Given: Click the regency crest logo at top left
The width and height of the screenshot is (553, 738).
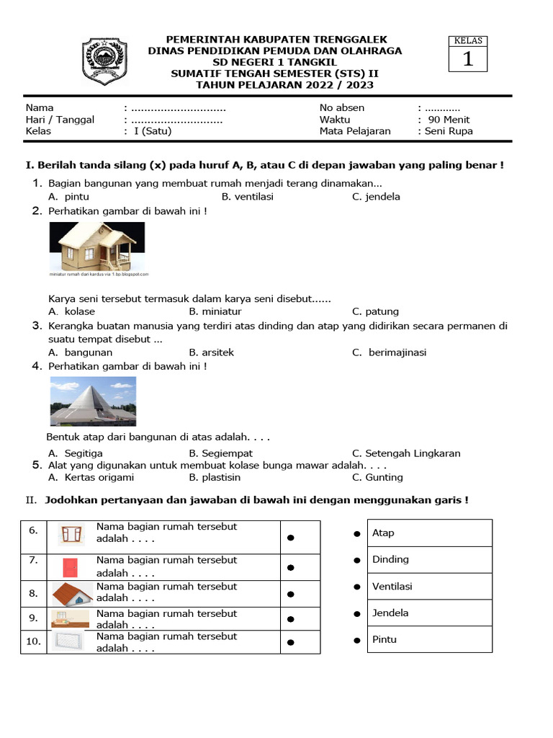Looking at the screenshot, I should pyautogui.click(x=104, y=62).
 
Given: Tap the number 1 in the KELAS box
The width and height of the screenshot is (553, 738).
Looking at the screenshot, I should pyautogui.click(x=468, y=59).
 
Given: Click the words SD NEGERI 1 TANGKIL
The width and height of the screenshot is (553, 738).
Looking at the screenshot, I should pyautogui.click(x=276, y=62).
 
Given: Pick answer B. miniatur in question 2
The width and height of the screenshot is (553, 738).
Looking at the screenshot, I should pyautogui.click(x=215, y=312).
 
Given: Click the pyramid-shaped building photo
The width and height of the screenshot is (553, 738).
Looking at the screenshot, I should pyautogui.click(x=92, y=401).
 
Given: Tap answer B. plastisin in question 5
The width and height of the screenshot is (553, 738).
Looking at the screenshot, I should pyautogui.click(x=215, y=477).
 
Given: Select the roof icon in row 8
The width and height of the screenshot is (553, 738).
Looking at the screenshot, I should pyautogui.click(x=72, y=594).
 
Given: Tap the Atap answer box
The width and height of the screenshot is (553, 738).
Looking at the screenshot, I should pyautogui.click(x=429, y=533).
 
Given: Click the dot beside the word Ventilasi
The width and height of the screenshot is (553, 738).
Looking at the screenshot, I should pyautogui.click(x=356, y=587).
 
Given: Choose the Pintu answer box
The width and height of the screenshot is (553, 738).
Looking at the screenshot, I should pyautogui.click(x=429, y=640).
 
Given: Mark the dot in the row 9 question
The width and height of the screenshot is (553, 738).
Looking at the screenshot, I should pyautogui.click(x=291, y=619).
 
